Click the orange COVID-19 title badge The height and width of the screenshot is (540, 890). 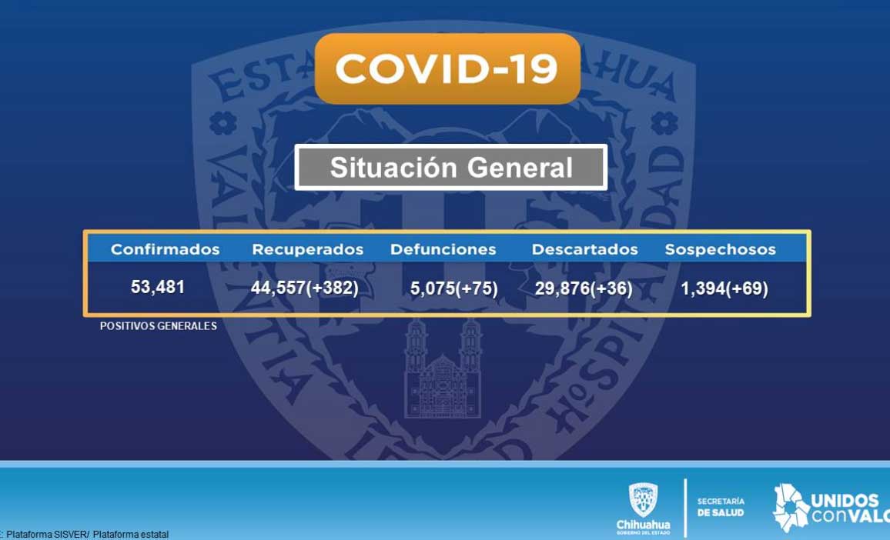447,68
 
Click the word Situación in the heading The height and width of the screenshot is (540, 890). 393,168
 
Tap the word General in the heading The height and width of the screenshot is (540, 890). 520,168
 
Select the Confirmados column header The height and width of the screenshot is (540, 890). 166,249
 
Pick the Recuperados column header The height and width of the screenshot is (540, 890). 308,249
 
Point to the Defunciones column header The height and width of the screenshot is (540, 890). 443,249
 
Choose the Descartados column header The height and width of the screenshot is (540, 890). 584,249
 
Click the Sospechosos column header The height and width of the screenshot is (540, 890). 721,249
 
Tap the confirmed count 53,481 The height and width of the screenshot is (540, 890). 158,287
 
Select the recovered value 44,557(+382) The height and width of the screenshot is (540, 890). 305,288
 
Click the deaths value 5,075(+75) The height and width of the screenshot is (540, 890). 454,288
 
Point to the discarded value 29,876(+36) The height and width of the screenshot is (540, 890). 584,288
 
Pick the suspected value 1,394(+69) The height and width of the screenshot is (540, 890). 724,288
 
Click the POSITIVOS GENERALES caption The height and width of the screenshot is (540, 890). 159,326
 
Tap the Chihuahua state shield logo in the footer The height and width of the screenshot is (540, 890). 643,500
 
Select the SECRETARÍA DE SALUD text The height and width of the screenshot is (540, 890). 721,507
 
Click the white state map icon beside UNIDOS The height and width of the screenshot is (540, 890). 791,508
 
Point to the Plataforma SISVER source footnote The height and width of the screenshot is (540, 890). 85,535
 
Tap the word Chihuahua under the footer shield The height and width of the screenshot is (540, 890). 643,525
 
